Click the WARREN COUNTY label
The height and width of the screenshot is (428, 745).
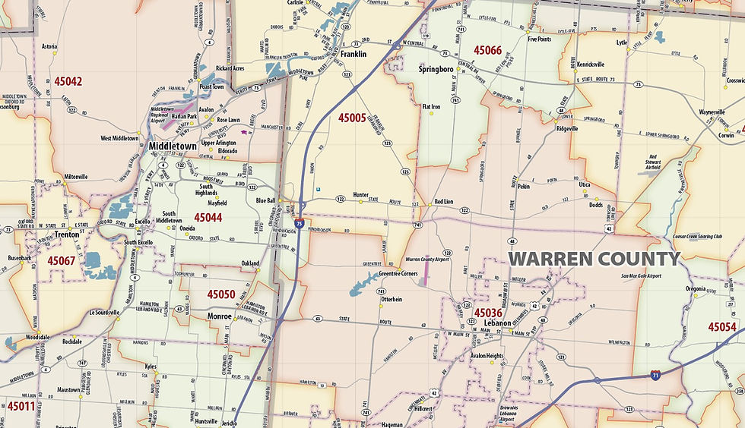594,259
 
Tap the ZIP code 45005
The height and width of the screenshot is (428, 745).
352,118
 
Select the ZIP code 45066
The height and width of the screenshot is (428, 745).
487,50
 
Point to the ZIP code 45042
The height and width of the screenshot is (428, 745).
68,80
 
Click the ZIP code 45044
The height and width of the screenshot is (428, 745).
208,217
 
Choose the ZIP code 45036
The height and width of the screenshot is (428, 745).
488,312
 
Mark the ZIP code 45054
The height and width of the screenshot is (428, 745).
722,326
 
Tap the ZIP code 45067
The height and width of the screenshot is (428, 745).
62,260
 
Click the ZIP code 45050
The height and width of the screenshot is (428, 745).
221,294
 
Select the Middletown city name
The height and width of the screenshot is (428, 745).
173,146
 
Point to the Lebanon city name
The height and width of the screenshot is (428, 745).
497,323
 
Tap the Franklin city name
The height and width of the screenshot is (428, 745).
353,55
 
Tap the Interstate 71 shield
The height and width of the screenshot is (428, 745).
656,374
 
